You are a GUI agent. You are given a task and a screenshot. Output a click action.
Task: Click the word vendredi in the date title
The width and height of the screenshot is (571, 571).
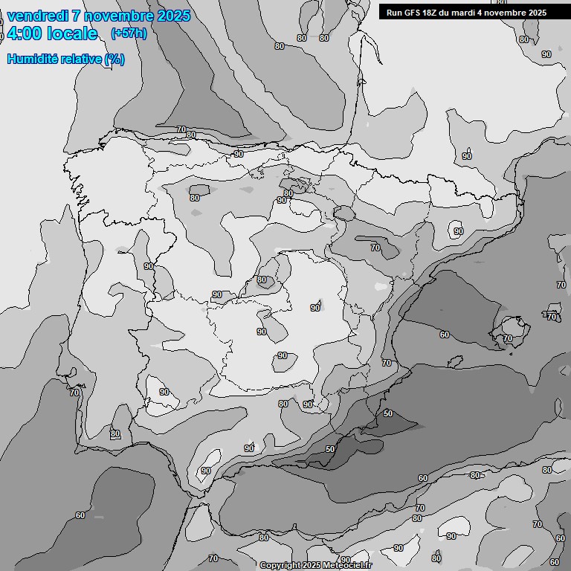coord(37,16)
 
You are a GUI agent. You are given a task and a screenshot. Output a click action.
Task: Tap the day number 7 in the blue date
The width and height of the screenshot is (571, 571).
coord(77,16)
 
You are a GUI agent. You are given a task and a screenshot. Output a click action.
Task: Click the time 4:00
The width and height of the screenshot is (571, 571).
coord(24,33)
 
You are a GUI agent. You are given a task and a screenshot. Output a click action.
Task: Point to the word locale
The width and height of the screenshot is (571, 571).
coord(72,33)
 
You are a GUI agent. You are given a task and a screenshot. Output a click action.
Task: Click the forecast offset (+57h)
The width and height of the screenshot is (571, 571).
coord(129,33)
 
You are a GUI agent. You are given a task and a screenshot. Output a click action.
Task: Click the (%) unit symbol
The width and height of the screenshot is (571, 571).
coord(114,59)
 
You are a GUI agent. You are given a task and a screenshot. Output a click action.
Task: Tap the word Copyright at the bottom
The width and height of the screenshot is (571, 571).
coord(281,566)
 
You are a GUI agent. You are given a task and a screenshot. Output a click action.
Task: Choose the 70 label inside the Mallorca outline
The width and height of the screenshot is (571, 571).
coord(507,338)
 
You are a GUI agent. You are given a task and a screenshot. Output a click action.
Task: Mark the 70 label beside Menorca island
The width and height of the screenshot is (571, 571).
coord(552,317)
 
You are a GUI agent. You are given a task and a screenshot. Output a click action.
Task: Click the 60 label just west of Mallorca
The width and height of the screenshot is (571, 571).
coord(444,335)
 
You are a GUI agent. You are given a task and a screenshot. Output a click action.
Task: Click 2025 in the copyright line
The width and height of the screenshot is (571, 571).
coord(312,566)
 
